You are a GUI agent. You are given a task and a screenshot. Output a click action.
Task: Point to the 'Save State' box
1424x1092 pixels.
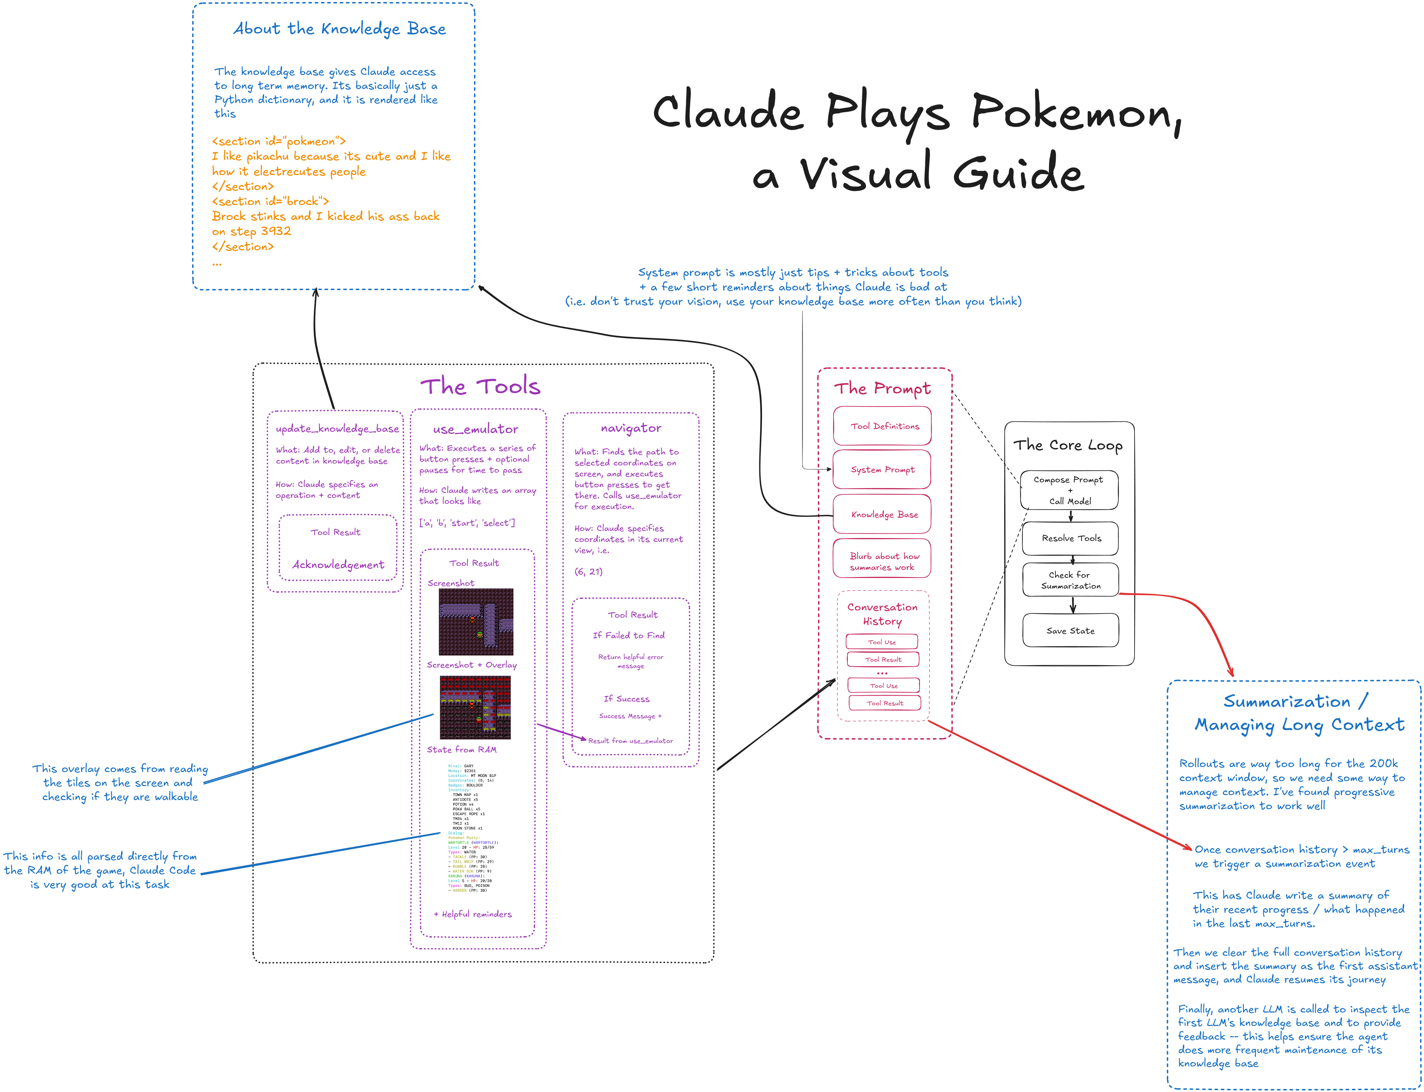coord(1071,630)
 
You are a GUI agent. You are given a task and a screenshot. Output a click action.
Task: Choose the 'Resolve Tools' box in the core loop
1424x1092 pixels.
coord(1071,538)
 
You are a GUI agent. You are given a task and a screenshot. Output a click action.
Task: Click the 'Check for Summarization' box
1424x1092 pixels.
coord(1071,580)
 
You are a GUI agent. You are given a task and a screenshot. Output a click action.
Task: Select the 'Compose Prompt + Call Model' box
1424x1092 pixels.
coord(1069,490)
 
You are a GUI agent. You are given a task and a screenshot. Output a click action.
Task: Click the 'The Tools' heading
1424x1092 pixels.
coord(480,387)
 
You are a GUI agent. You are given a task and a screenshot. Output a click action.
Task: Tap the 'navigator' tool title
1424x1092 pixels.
coord(630,428)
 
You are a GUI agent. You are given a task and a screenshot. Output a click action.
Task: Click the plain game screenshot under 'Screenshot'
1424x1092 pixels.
coord(476,622)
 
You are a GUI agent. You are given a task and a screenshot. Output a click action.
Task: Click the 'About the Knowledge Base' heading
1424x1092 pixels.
coord(339,29)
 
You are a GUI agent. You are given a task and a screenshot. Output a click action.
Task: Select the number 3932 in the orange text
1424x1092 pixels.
coord(275,231)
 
